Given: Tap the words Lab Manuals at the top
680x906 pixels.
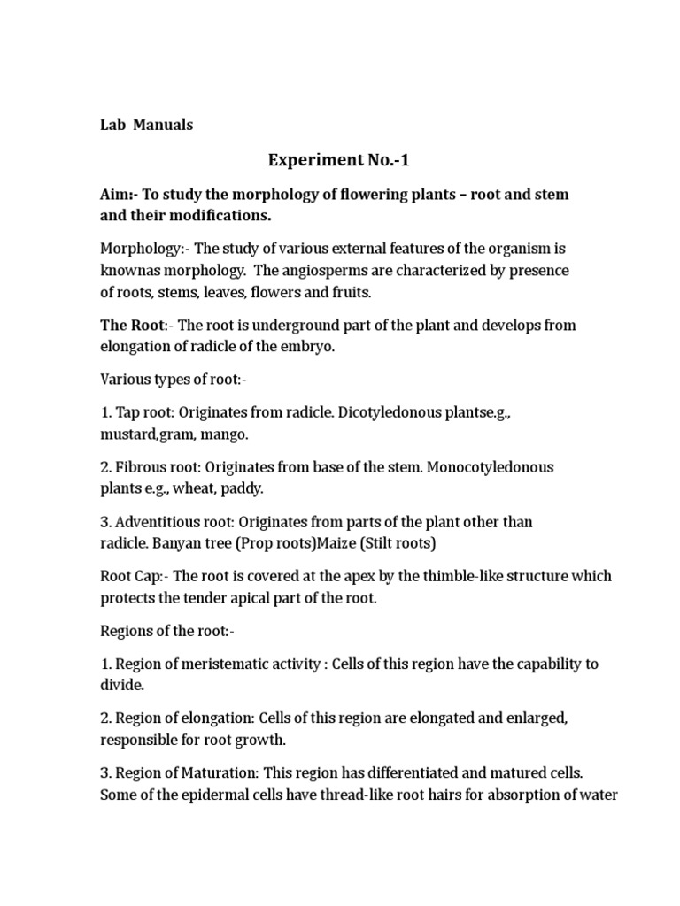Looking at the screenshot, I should point(146,125).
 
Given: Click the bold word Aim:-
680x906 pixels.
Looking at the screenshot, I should point(119,195).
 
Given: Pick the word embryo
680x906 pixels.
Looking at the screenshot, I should point(312,346).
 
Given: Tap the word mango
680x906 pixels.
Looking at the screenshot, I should point(227,434).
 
